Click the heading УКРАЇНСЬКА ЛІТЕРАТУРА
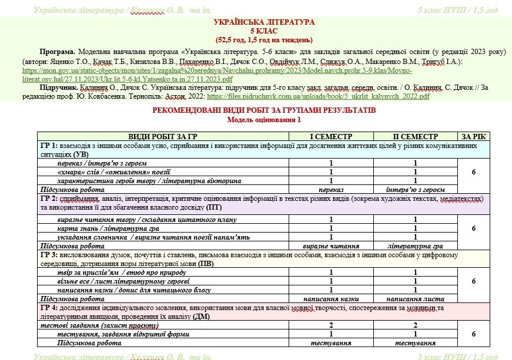click(x=256, y=22)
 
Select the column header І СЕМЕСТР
click(x=331, y=136)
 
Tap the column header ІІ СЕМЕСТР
click(x=415, y=136)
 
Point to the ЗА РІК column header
click(x=474, y=136)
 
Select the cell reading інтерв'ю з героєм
click(x=415, y=190)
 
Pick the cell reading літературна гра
click(x=415, y=246)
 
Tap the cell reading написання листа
click(x=415, y=298)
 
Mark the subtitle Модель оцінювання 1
click(x=256, y=119)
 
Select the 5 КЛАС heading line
click(x=256, y=31)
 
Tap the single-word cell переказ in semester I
click(x=331, y=190)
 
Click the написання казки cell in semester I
click(x=331, y=298)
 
